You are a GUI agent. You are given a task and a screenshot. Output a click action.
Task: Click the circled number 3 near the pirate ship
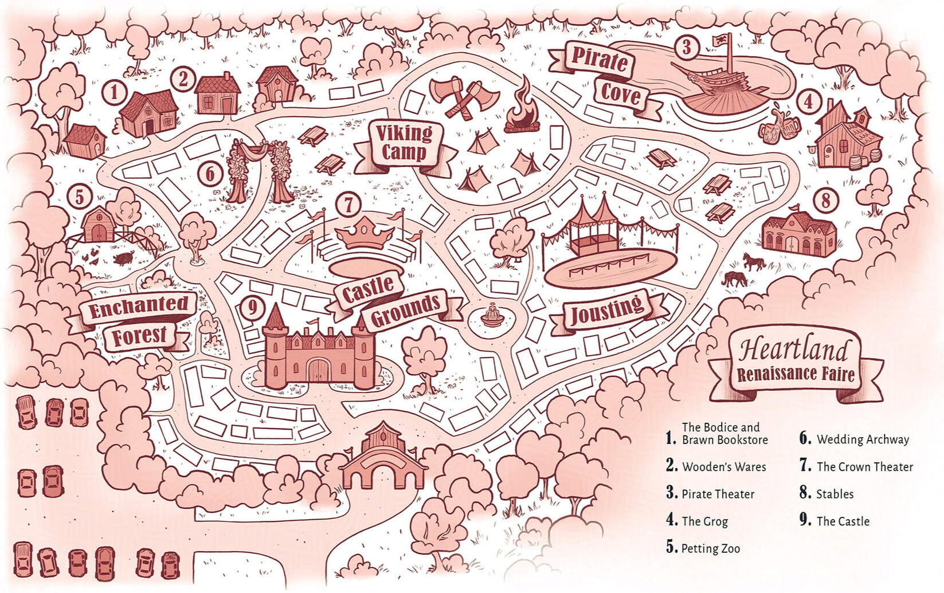686,47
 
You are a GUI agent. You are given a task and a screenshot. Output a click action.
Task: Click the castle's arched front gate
319,370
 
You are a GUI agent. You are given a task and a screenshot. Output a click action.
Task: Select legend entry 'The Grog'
704,521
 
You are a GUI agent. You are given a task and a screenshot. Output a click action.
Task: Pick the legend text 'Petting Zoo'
710,548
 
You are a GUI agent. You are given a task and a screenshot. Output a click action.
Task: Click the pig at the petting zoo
123,259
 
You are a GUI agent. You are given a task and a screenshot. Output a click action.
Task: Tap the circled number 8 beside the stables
825,200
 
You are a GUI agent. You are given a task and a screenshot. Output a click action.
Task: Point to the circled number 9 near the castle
252,308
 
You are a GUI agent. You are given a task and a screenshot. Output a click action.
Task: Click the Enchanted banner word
138,308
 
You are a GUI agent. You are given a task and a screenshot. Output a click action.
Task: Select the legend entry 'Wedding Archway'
862,439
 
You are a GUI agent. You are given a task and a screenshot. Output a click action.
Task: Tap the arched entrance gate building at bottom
382,458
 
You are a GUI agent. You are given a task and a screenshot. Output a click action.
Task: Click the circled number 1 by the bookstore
115,92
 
